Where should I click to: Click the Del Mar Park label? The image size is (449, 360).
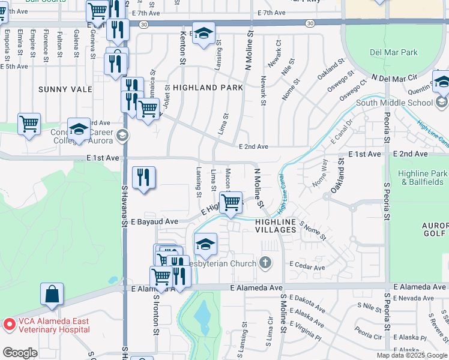[394, 52]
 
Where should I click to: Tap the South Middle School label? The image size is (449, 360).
[394, 103]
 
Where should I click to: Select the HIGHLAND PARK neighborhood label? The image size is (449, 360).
[208, 88]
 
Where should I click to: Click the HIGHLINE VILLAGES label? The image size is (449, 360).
[276, 222]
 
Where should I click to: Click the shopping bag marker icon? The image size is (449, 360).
[52, 295]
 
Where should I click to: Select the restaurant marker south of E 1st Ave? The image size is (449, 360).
[143, 178]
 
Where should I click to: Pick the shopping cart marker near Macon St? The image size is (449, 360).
[231, 202]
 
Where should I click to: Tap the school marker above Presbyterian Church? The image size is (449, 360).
[205, 244]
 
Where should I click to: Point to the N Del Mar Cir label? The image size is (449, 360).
[394, 78]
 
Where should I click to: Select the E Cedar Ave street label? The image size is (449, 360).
[307, 265]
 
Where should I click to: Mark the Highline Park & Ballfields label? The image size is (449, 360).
[423, 177]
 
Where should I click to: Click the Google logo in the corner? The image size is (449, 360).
[20, 353]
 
